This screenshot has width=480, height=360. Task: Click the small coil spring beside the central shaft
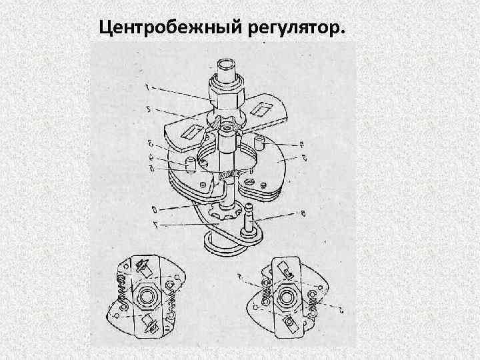(228, 175)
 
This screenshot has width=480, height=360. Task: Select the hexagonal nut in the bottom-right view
(289, 295)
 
